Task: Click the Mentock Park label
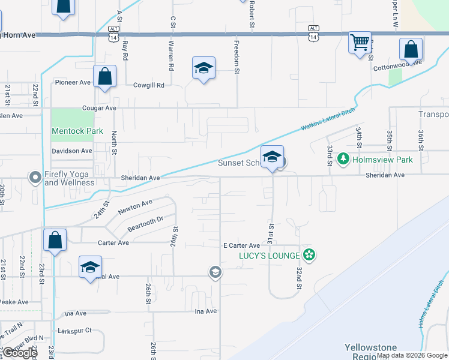tap(77, 131)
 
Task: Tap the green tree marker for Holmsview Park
tap(343, 160)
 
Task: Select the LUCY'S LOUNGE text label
tap(261, 256)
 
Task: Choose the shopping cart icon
tap(360, 43)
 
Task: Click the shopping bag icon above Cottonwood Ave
tap(411, 49)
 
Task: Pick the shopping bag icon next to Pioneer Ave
tap(104, 76)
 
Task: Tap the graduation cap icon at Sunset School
tap(273, 158)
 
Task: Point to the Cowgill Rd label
tap(148, 85)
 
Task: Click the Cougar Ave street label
tap(98, 109)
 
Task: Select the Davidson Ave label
tap(72, 151)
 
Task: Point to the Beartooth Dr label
tap(145, 224)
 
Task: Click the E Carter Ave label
tap(241, 246)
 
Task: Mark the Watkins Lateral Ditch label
tap(328, 118)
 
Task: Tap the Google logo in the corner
tap(19, 353)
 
